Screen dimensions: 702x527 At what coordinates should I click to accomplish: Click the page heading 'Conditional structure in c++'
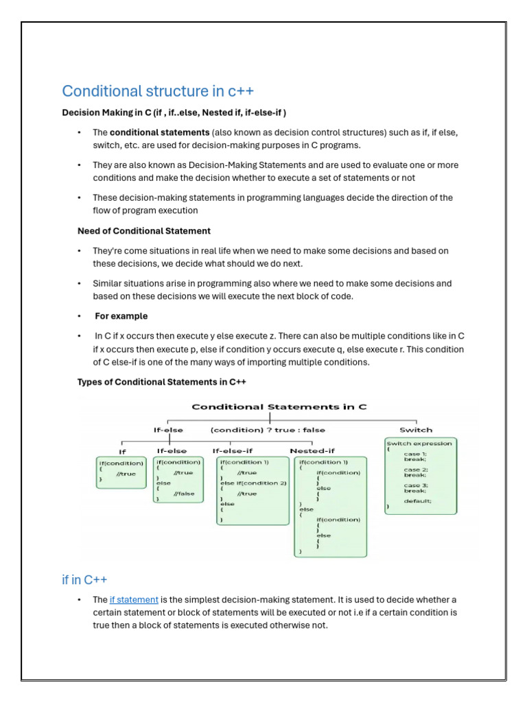tap(158, 91)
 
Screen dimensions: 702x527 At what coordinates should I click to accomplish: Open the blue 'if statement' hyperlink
tap(134, 600)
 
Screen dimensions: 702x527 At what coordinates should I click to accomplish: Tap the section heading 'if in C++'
tap(84, 580)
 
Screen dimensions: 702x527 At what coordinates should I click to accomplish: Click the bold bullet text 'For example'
tap(121, 316)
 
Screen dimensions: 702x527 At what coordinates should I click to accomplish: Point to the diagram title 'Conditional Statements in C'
tap(279, 407)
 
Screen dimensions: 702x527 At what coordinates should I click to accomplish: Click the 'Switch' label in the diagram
tap(416, 430)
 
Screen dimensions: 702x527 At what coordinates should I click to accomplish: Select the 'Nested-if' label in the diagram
tap(313, 450)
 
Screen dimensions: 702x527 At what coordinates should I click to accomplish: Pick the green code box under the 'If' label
tap(121, 472)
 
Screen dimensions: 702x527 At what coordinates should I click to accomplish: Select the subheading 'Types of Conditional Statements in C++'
tap(161, 382)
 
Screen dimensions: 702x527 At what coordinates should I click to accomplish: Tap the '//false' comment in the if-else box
tap(183, 493)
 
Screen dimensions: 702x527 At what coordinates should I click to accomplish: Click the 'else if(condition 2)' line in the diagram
tap(253, 483)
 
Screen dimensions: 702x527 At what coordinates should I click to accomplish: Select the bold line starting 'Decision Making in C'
tap(174, 112)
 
